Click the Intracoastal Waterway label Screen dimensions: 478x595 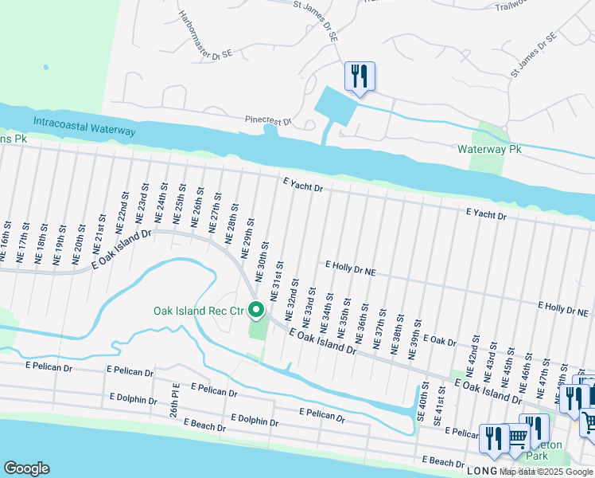coord(84,126)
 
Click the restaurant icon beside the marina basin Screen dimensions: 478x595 coord(360,76)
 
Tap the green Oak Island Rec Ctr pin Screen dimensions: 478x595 coord(256,309)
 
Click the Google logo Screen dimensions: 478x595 coord(26,468)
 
